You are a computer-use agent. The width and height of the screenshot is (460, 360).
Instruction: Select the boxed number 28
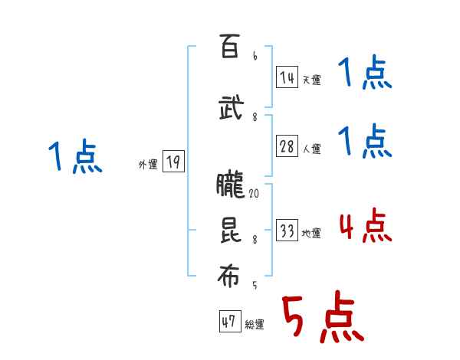click(287, 146)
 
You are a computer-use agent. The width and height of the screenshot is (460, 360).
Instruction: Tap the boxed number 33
click(287, 231)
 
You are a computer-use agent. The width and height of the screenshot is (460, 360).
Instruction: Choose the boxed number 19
click(173, 162)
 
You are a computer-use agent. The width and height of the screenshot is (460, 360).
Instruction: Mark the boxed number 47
click(229, 322)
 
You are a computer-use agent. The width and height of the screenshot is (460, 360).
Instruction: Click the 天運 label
click(311, 79)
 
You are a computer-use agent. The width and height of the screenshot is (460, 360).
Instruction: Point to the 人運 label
click(311, 149)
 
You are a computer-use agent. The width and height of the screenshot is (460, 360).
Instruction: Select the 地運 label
click(311, 234)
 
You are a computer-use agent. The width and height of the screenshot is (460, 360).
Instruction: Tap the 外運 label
click(147, 164)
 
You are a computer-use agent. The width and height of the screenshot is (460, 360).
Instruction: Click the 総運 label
click(255, 325)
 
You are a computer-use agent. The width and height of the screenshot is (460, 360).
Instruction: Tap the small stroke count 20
click(254, 195)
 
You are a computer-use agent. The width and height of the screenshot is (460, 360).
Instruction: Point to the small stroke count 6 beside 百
click(255, 56)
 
